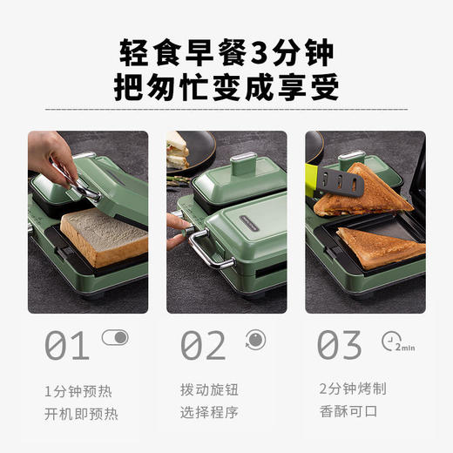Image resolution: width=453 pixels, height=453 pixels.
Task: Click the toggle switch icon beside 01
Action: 114,337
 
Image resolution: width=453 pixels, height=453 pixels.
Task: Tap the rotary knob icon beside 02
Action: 254,338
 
